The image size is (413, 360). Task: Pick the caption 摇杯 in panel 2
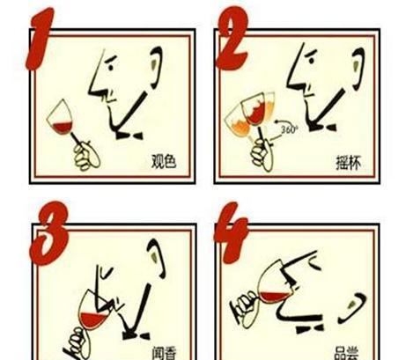[x=350, y=162]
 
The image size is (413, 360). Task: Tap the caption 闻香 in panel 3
[x=163, y=353]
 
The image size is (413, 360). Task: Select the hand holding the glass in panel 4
[x=240, y=309]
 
